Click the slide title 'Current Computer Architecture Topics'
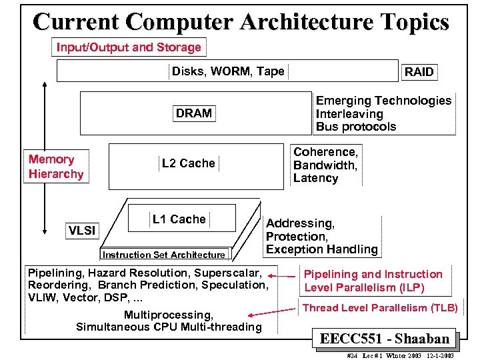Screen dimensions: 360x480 [241, 21]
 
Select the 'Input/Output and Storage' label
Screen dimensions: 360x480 [129, 47]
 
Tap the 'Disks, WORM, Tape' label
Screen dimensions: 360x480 [228, 71]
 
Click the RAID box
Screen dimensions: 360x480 [419, 72]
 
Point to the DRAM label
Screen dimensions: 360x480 [194, 113]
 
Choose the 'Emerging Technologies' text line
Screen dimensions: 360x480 [383, 101]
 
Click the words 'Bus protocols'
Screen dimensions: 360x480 [356, 127]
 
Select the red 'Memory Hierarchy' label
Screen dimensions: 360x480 [56, 167]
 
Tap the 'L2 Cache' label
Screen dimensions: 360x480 [189, 163]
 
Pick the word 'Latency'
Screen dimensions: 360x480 [316, 178]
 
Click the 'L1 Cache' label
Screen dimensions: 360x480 [179, 219]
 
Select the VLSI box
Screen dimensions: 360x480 [83, 231]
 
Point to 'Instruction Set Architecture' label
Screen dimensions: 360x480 [164, 255]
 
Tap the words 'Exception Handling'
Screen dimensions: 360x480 [321, 249]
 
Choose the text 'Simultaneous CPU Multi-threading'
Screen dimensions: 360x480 [169, 327]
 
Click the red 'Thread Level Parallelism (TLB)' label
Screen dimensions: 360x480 [380, 308]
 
